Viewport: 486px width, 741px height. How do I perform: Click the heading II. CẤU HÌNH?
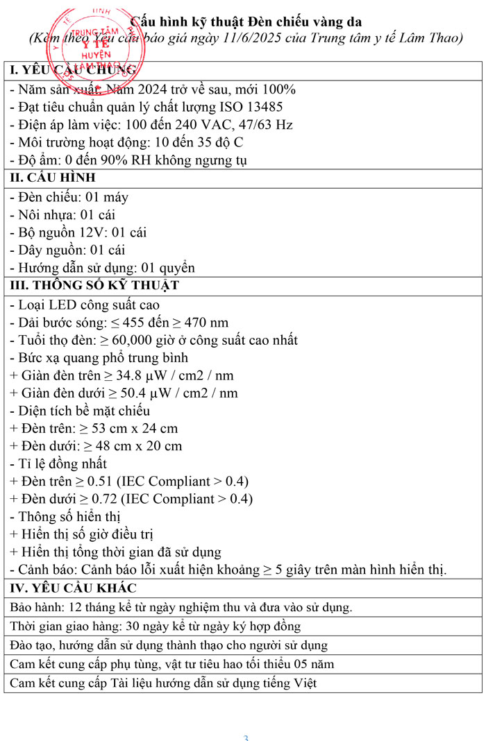pyautogui.click(x=53, y=178)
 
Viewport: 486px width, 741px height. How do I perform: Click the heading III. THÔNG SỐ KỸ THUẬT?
pyautogui.click(x=94, y=286)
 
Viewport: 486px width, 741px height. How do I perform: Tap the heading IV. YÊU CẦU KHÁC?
pyautogui.click(x=74, y=588)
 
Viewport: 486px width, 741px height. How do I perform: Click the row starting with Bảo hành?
pyautogui.click(x=181, y=607)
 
